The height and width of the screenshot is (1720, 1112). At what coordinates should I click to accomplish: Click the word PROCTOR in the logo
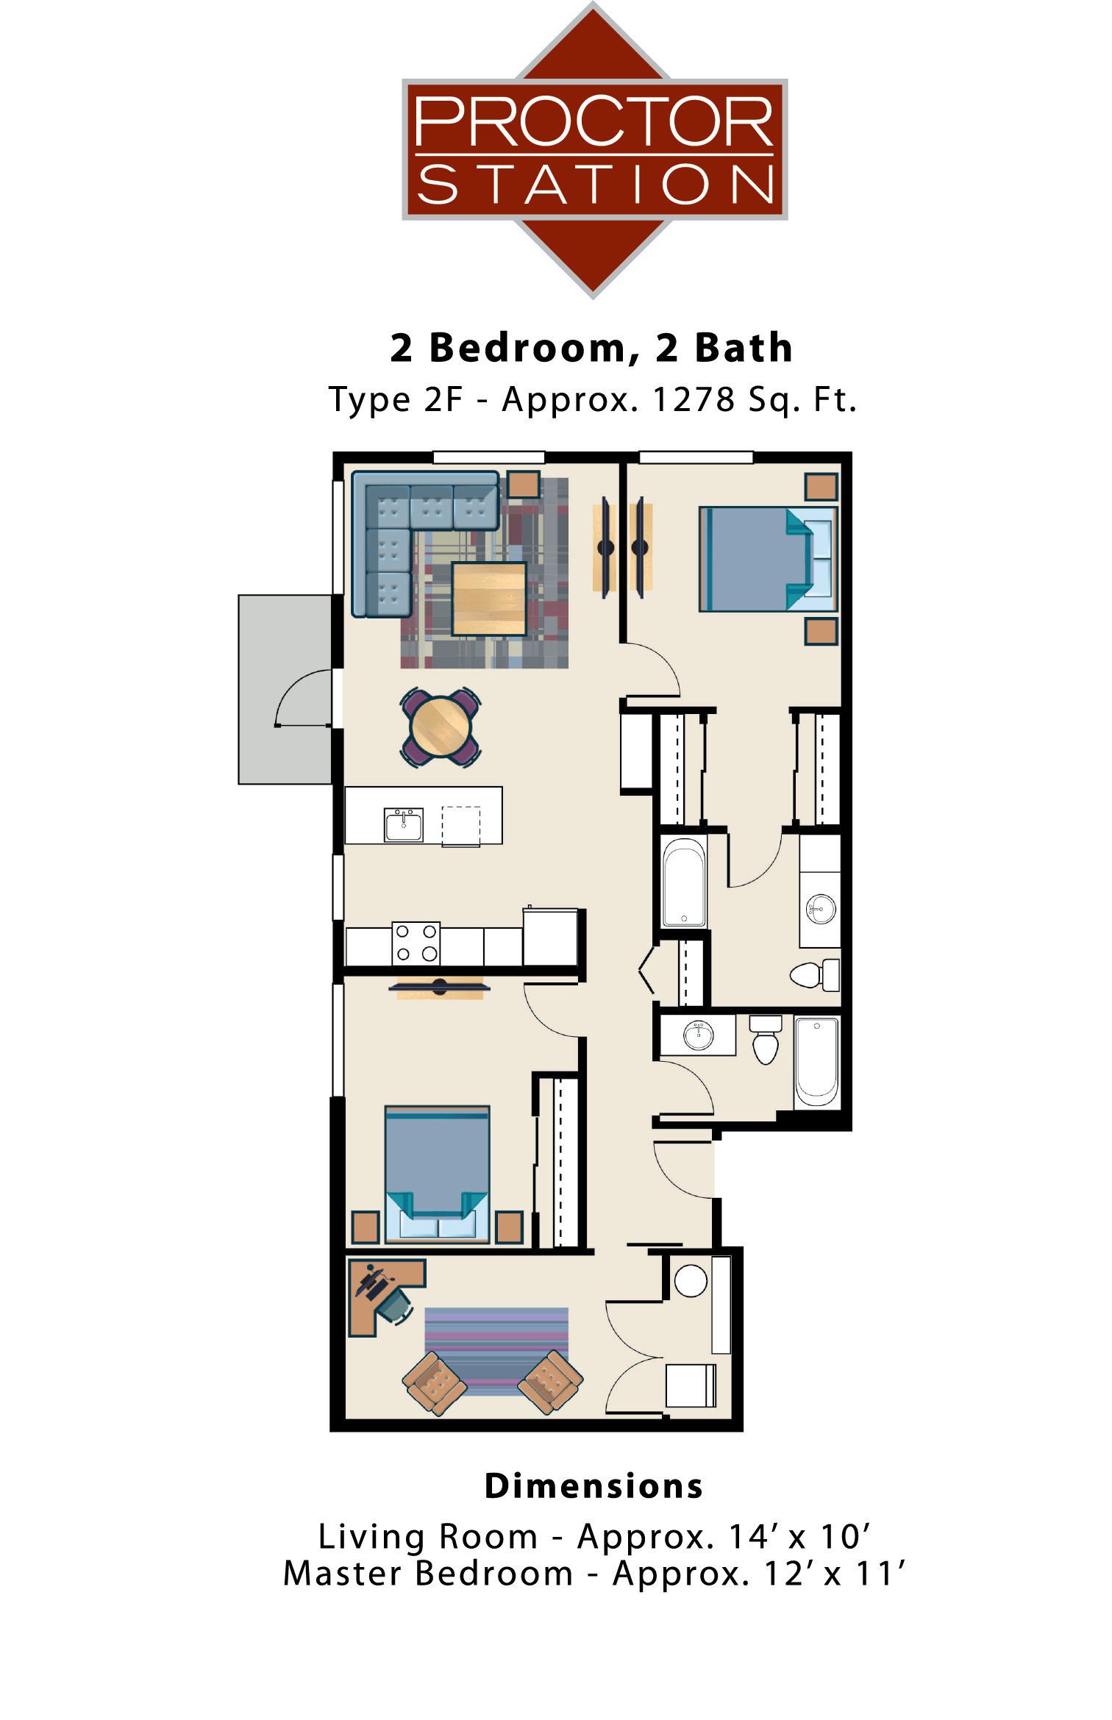coord(594,121)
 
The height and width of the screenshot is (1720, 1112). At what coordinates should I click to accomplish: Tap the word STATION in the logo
coord(595,185)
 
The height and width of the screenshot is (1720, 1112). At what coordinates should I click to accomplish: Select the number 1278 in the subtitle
coord(693,400)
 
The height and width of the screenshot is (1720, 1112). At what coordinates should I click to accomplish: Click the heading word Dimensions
coord(594,1486)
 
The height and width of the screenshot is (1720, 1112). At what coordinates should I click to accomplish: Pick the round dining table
coord(441,727)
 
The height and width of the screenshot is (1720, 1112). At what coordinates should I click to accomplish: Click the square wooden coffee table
coord(488,599)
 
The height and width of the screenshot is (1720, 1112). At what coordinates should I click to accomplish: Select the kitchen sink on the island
coord(404,824)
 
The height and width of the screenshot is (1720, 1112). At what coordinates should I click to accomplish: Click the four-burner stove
coord(416,943)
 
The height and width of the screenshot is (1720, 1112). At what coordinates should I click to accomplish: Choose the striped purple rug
coord(496,1349)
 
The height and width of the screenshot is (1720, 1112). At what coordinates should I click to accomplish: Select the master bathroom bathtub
coord(684,882)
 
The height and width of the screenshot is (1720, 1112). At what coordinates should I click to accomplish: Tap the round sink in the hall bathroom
coord(698,1035)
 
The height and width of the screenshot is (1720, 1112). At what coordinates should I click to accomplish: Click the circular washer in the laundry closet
coord(691,1281)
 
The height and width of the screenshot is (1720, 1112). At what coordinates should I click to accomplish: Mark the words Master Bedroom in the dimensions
coord(428,1574)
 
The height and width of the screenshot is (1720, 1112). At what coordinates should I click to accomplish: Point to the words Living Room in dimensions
coord(428,1537)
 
